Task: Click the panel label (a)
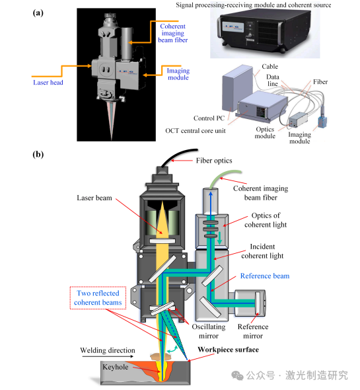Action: (38, 13)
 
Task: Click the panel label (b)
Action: (38, 155)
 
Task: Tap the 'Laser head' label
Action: (48, 83)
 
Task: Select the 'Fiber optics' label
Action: (214, 161)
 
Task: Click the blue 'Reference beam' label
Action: (265, 276)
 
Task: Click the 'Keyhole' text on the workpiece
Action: (116, 367)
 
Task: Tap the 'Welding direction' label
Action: (108, 350)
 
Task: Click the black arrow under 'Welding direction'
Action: (108, 356)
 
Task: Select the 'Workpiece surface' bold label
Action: (229, 350)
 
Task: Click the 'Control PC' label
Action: (209, 118)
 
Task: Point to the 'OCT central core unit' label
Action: (196, 131)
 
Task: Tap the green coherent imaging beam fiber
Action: (223, 175)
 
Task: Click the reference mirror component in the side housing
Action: (258, 303)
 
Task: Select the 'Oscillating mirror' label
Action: (209, 331)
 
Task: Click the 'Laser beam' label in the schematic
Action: (94, 198)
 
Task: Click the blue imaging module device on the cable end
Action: (322, 120)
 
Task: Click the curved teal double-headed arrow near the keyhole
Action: (172, 349)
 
